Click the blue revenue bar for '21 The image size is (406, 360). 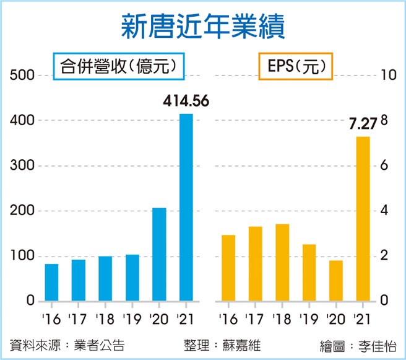tap(186, 208)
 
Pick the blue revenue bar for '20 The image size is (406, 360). tap(159, 255)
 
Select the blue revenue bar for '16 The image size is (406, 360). tap(52, 283)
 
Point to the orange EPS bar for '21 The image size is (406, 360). tap(362, 219)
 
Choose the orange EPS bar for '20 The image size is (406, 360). tap(335, 281)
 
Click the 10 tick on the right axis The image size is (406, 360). tap(389, 76)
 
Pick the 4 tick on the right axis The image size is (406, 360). tap(385, 211)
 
